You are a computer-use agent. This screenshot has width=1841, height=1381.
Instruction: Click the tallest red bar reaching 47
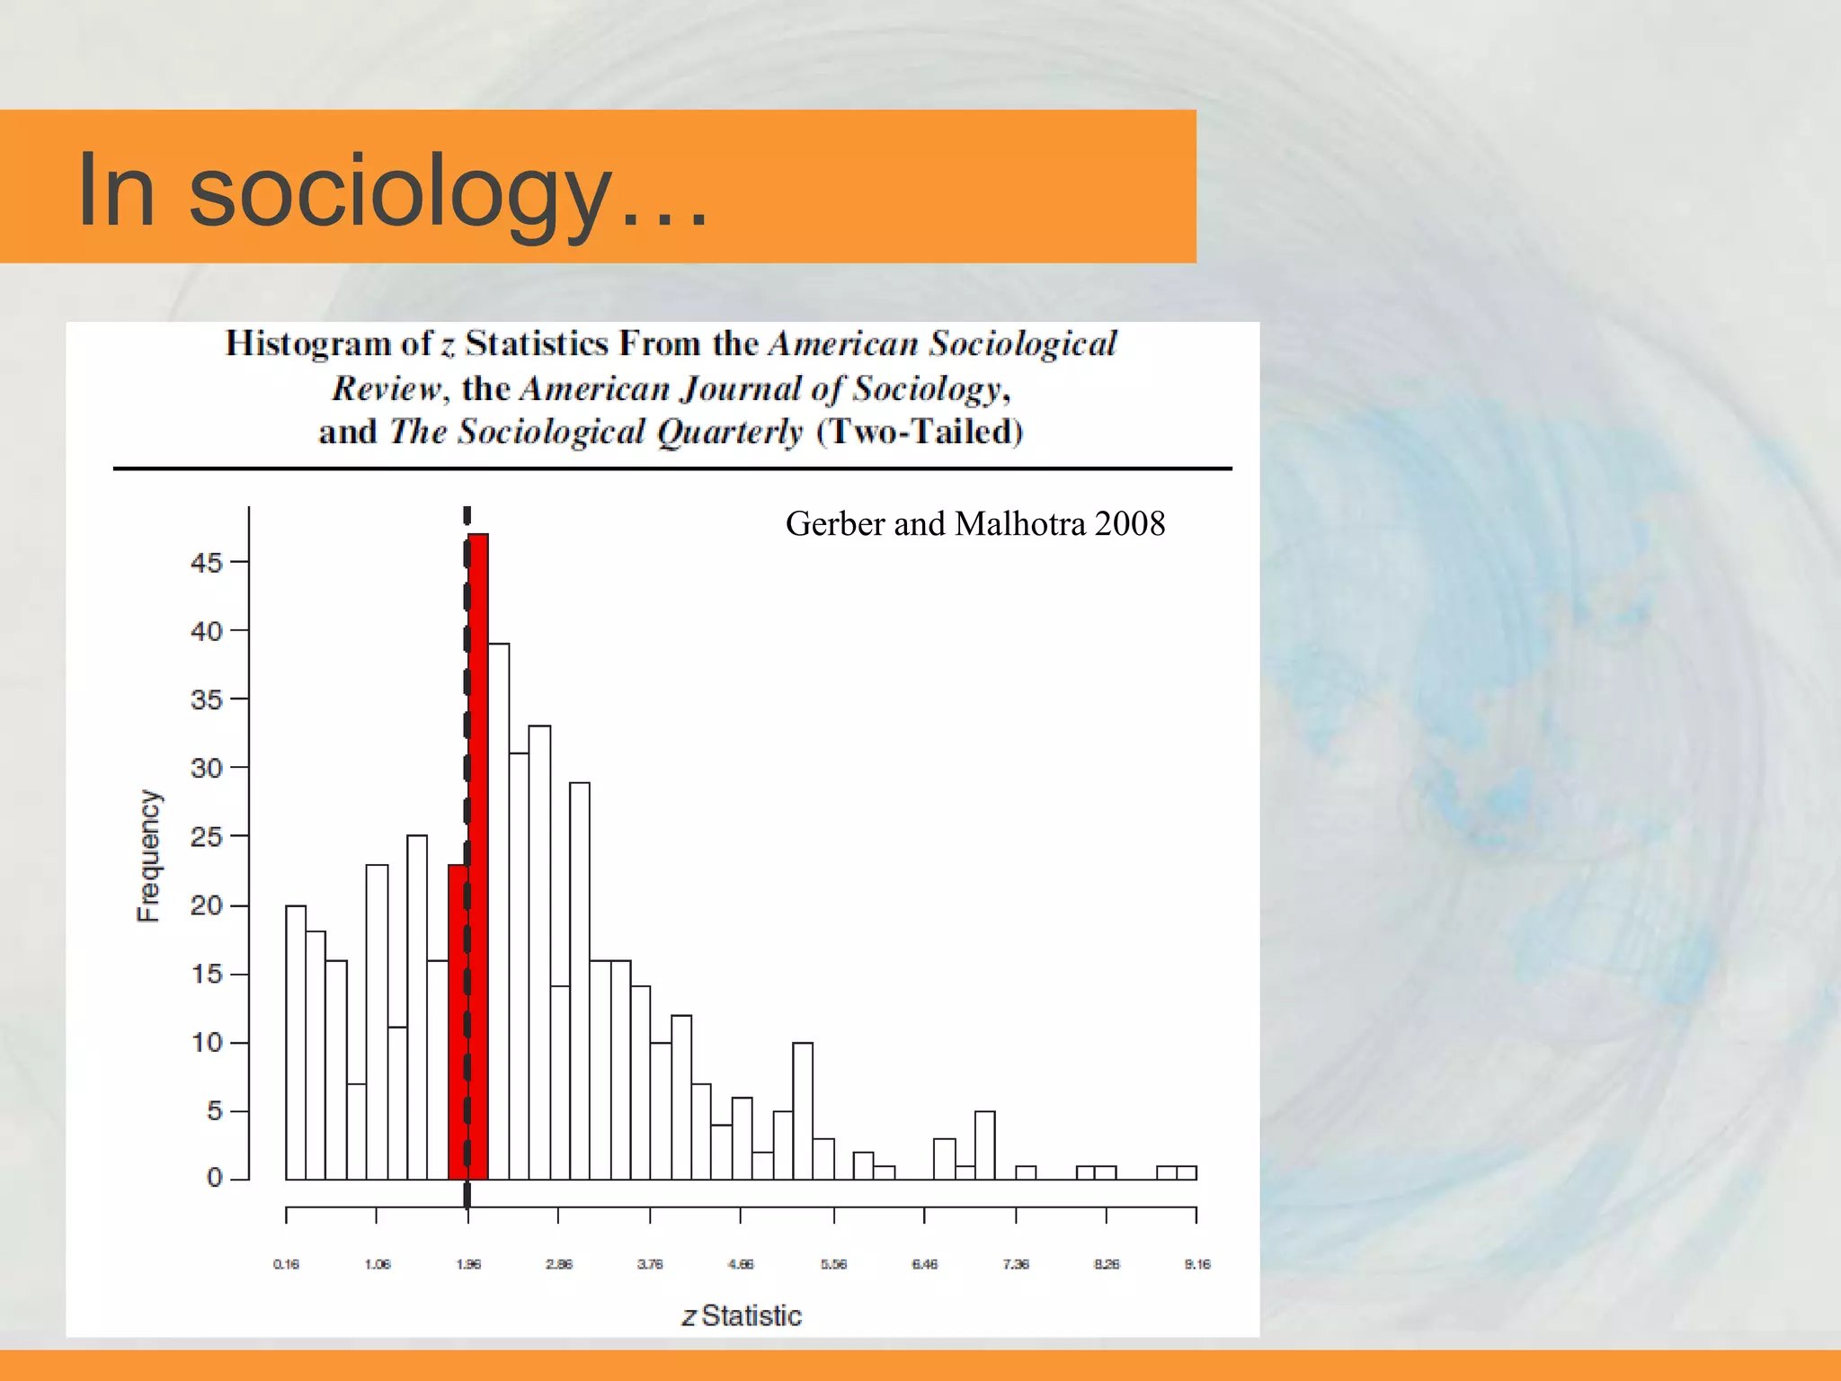(x=478, y=854)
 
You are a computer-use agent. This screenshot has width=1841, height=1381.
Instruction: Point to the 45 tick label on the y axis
(x=206, y=563)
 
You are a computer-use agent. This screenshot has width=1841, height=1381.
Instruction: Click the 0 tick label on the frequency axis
(x=214, y=1177)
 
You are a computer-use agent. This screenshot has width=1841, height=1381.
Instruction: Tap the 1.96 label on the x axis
(x=468, y=1264)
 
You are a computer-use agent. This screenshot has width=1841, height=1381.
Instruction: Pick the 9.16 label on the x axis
(x=1197, y=1264)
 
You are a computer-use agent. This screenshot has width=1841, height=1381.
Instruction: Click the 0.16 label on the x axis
(x=286, y=1264)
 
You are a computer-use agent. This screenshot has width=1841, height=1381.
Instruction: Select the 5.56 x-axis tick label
(x=833, y=1264)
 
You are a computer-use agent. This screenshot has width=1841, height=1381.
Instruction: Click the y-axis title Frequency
(x=148, y=856)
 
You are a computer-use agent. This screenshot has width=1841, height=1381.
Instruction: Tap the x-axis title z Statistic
(x=742, y=1315)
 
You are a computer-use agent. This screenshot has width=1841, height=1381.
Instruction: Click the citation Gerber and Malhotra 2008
(x=975, y=523)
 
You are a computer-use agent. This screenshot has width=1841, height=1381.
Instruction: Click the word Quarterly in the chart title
(x=729, y=432)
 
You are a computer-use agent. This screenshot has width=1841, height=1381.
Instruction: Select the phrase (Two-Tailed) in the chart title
(x=920, y=432)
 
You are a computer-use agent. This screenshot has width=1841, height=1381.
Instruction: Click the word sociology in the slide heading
(x=400, y=191)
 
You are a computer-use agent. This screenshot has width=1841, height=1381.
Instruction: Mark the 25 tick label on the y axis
(x=206, y=837)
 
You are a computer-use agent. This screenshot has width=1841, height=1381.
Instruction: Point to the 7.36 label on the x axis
(x=1016, y=1264)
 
